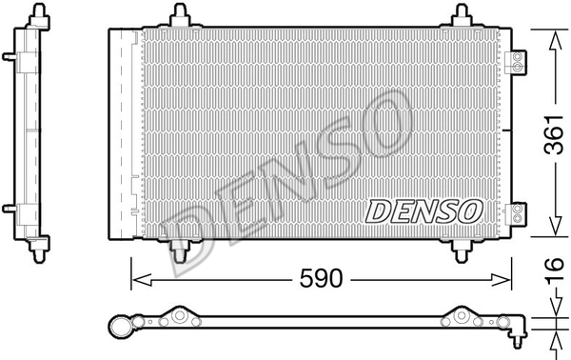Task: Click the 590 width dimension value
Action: point(321,278)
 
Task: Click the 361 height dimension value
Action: point(554,135)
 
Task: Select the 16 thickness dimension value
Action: point(555,270)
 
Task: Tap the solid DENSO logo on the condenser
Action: point(423,211)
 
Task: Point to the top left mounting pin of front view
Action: point(180,15)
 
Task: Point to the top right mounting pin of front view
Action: point(462,15)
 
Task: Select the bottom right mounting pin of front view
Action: point(462,251)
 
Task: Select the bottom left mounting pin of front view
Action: point(180,251)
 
